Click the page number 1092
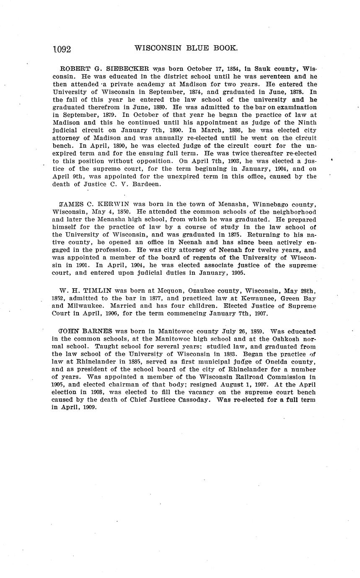coord(62,49)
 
